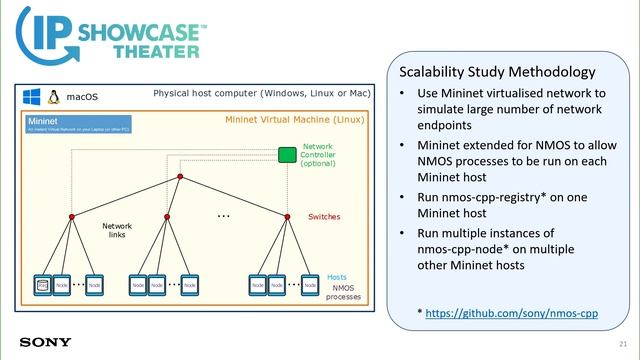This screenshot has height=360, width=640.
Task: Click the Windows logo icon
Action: pos(30,97)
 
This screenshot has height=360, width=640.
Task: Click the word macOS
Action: pos(81,98)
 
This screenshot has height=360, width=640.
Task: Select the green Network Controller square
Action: pos(286,155)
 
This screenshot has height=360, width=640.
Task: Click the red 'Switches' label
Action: pos(323,216)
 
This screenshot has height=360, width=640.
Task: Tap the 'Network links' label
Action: pos(117,231)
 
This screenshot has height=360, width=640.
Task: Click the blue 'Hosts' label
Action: pos(337,276)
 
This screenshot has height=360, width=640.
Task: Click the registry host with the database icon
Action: pos(43,285)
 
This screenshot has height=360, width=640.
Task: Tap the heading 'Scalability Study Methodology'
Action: pos(497,72)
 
